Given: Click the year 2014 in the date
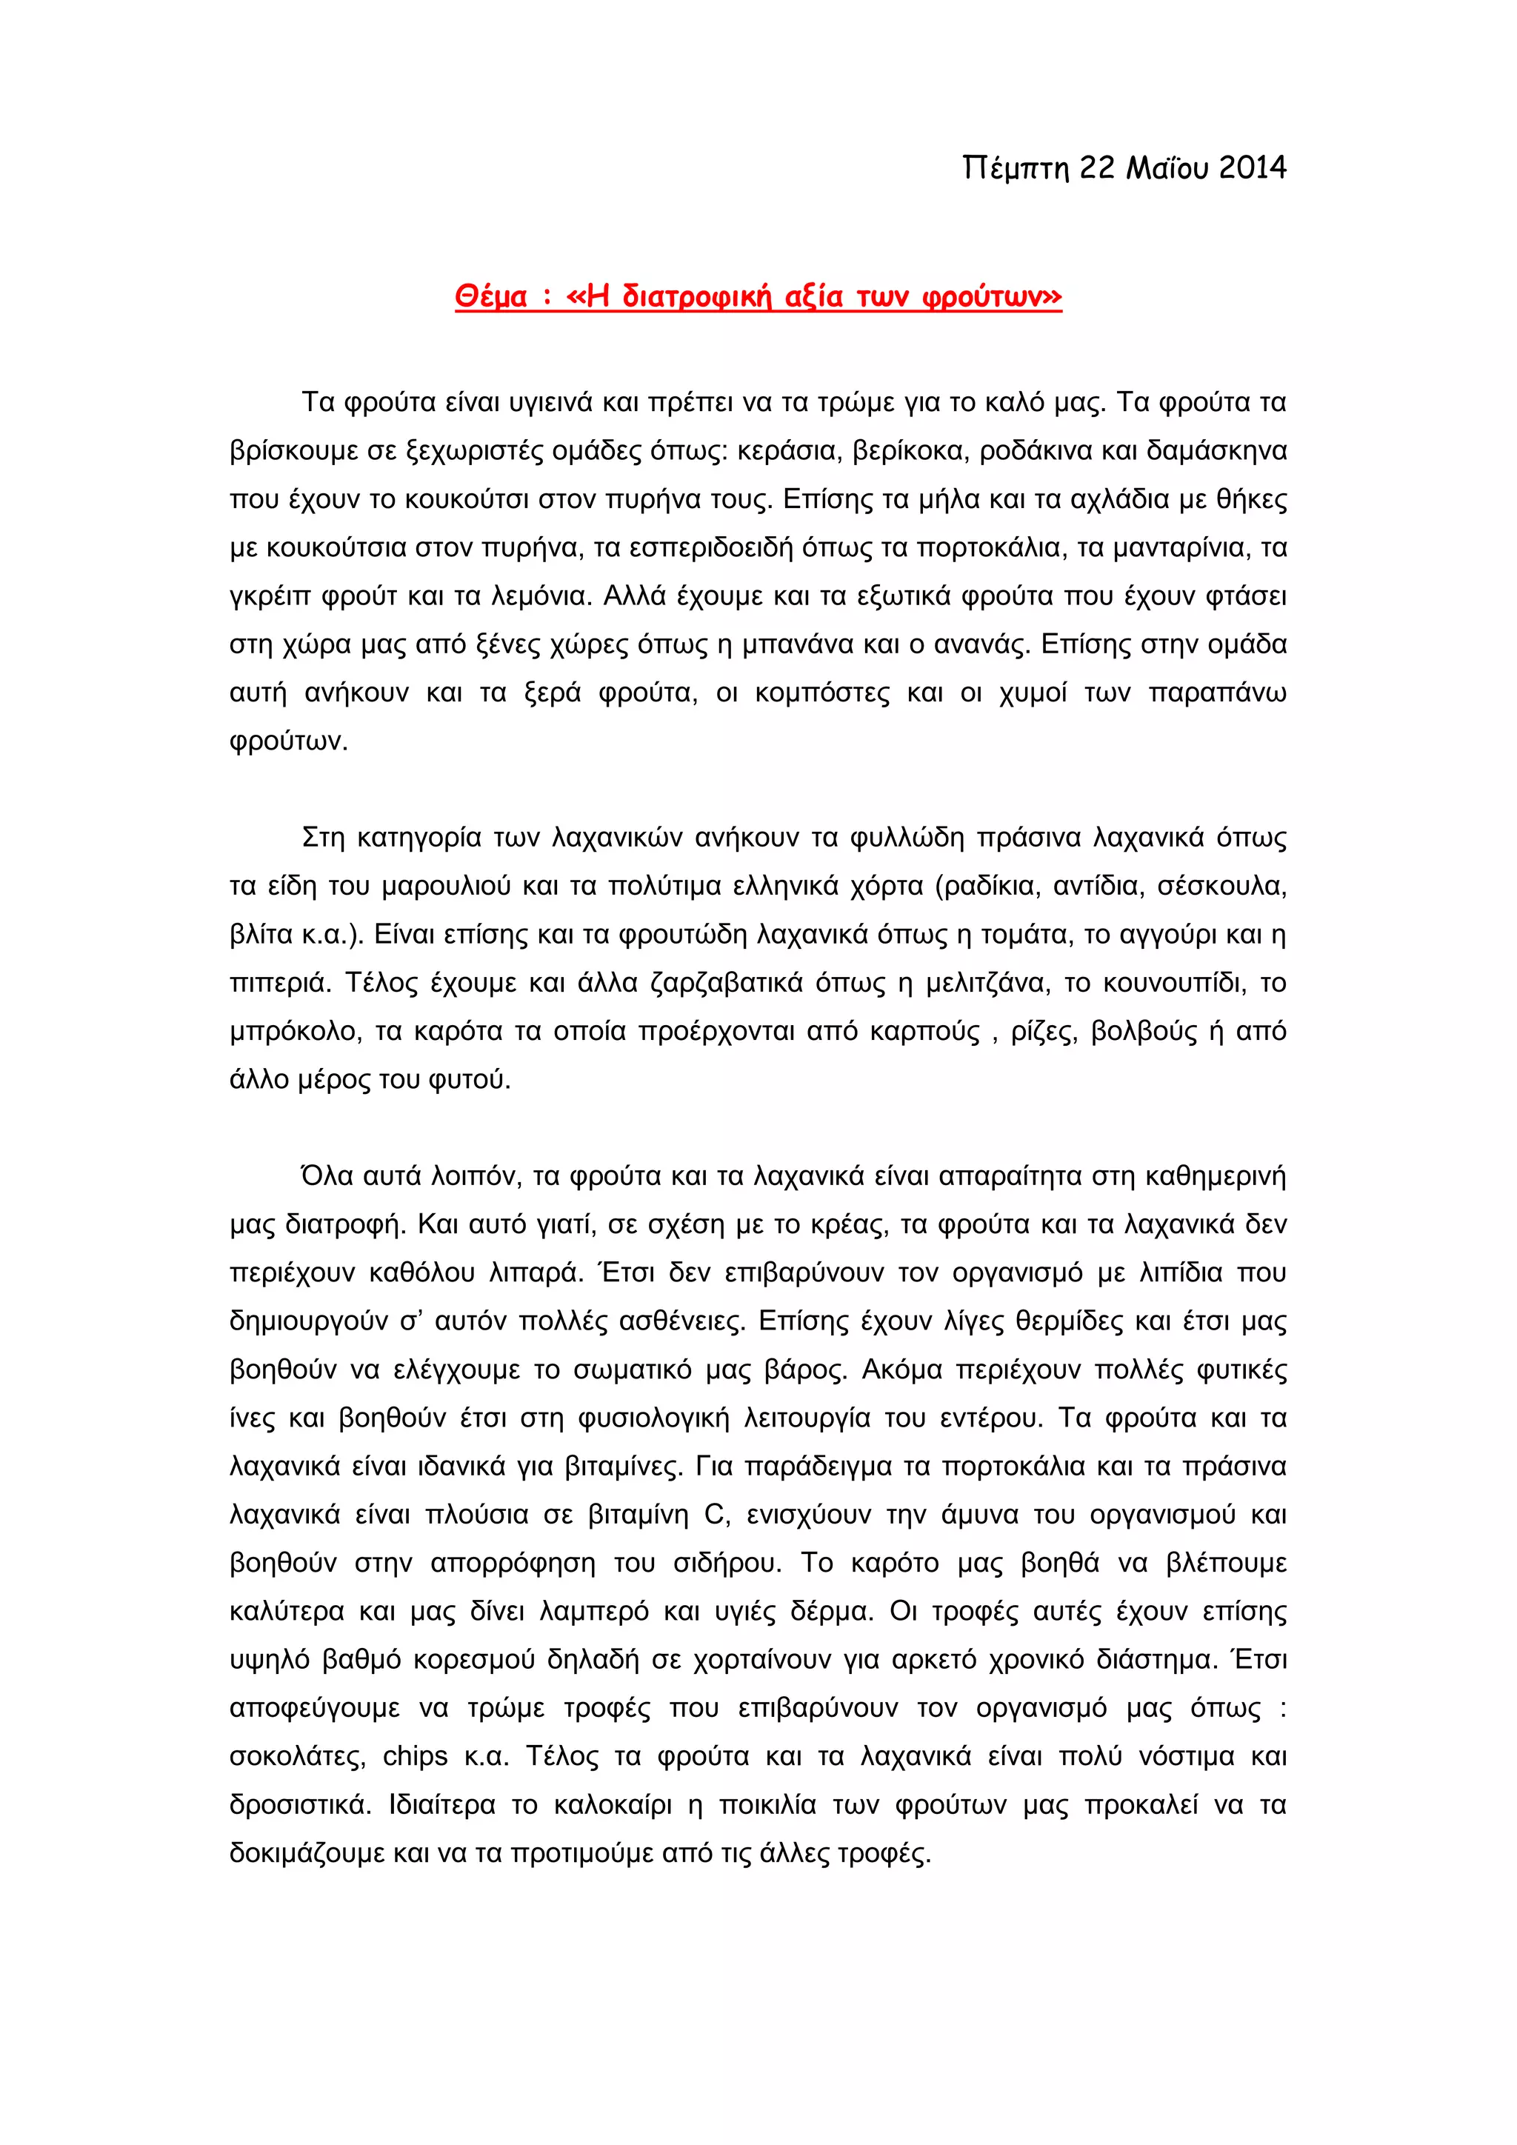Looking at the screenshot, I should click(1252, 168).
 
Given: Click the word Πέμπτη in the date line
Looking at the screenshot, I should click(1015, 168).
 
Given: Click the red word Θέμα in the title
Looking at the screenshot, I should click(491, 297).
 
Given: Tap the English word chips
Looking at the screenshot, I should click(415, 1756).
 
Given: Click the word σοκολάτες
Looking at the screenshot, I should click(297, 1756).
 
